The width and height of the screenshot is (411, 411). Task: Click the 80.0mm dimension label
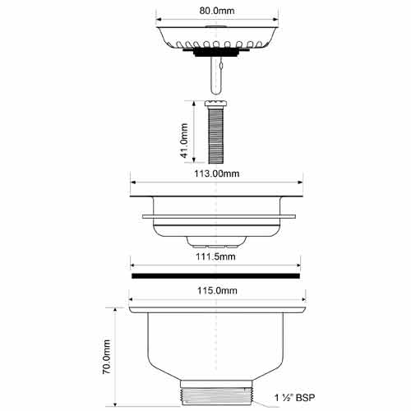point(217,11)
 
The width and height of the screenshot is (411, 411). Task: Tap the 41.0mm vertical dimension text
point(184,141)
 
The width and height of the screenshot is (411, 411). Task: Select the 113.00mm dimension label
point(217,173)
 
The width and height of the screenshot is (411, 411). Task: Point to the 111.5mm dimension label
point(215,256)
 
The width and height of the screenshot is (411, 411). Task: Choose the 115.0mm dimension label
point(217,290)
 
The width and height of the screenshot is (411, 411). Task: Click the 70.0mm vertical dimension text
point(107,357)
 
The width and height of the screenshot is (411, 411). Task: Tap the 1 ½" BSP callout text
point(295,398)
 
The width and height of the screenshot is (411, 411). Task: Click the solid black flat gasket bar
point(216,276)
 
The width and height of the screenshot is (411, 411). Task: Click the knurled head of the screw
point(216,104)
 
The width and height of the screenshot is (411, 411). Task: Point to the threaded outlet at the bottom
point(216,396)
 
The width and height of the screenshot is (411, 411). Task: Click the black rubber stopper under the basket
point(216,52)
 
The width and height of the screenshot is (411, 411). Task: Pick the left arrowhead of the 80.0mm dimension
point(159,20)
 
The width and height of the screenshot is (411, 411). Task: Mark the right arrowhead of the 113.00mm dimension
point(300,182)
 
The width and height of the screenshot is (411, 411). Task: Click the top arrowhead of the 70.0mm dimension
point(115,311)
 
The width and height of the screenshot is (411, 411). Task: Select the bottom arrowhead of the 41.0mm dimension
point(194,160)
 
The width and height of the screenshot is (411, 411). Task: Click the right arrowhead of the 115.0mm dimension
point(302,299)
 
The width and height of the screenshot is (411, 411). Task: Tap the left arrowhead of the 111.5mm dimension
point(133,266)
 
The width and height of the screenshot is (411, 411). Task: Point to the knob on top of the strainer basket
point(215,26)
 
